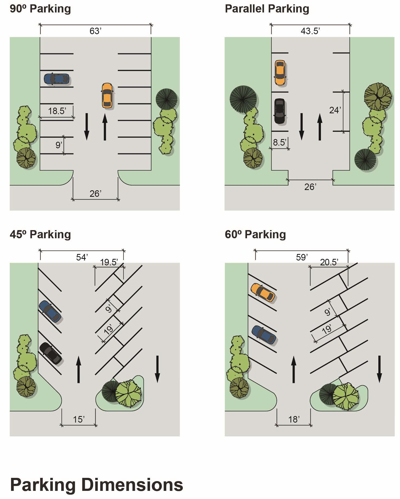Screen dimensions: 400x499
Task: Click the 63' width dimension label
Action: (x=95, y=31)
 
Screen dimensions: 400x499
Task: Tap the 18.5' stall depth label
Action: (x=57, y=111)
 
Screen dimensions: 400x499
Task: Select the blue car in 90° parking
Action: (x=57, y=79)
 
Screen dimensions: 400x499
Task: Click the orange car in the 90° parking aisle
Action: (x=107, y=95)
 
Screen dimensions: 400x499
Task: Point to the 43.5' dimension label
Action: (x=310, y=31)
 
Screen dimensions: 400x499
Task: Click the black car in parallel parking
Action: (x=279, y=111)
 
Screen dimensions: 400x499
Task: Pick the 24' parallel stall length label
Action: (x=335, y=110)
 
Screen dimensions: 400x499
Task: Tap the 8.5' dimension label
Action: (x=279, y=142)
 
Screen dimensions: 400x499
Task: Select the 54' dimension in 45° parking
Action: (x=82, y=257)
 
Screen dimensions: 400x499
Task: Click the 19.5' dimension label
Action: (x=109, y=262)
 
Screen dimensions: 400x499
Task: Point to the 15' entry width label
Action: (x=79, y=419)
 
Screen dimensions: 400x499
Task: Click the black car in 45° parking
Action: (x=51, y=353)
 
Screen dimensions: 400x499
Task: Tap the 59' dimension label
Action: (x=302, y=257)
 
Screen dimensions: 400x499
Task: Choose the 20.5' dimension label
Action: (x=329, y=262)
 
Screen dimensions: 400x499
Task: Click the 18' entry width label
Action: (x=294, y=419)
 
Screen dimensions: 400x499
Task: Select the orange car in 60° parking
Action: (x=263, y=292)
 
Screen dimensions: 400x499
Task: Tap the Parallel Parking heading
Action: (x=267, y=9)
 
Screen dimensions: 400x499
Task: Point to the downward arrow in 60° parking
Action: (x=379, y=369)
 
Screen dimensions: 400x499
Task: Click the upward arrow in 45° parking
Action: (x=79, y=369)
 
